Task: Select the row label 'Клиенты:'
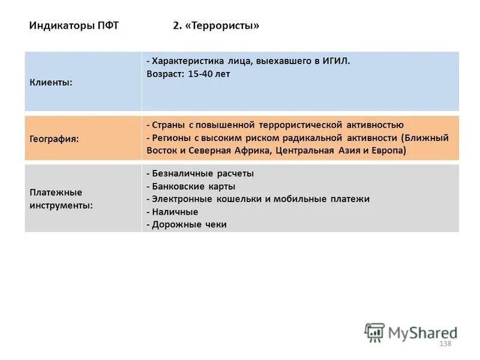click(51, 82)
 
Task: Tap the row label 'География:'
click(55, 138)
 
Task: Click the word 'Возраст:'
click(165, 74)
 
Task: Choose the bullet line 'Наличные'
click(175, 212)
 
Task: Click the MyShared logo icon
click(375, 332)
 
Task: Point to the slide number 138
click(445, 343)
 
